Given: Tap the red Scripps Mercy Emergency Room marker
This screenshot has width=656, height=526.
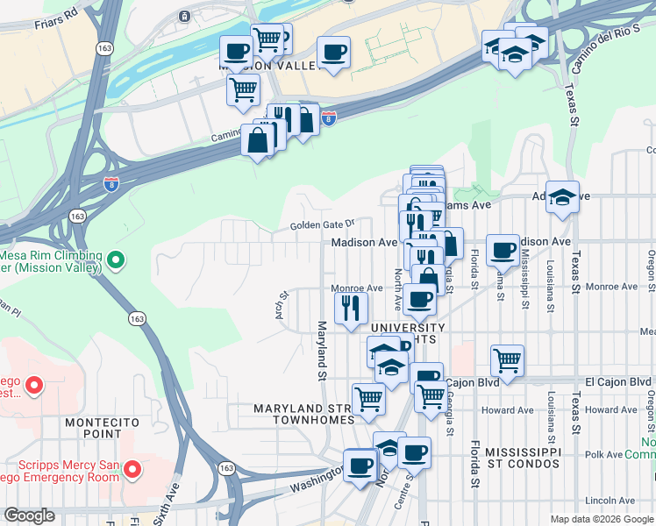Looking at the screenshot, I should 132,471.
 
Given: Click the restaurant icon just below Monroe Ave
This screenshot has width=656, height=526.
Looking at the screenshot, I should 351,307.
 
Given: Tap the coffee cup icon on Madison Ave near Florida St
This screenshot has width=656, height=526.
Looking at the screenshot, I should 503,249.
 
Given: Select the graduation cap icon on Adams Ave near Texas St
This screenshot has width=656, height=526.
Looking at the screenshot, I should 562,197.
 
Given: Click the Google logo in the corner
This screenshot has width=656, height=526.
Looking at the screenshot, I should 30,515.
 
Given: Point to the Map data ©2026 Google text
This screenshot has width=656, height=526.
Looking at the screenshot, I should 601,519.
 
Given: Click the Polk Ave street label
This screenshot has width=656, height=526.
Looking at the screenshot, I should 604,455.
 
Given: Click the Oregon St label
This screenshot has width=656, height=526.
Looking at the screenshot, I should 651,266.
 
